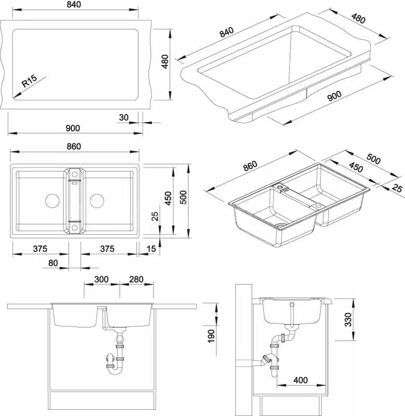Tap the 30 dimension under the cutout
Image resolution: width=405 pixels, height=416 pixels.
pos(123,118)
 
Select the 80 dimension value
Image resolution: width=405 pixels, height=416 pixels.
pos(53,263)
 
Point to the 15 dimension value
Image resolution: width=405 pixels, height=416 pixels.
pos(150,249)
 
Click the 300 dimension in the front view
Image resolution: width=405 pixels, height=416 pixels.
pos(102,280)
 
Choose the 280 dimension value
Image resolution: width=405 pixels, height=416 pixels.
pos(136,280)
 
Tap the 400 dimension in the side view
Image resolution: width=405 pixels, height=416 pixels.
pos(300,380)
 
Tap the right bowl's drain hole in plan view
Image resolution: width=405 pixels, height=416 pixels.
pos(97,200)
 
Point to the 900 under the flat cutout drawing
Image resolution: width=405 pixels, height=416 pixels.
pos(73,129)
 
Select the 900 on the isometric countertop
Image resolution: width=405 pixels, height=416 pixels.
pos(333,95)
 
